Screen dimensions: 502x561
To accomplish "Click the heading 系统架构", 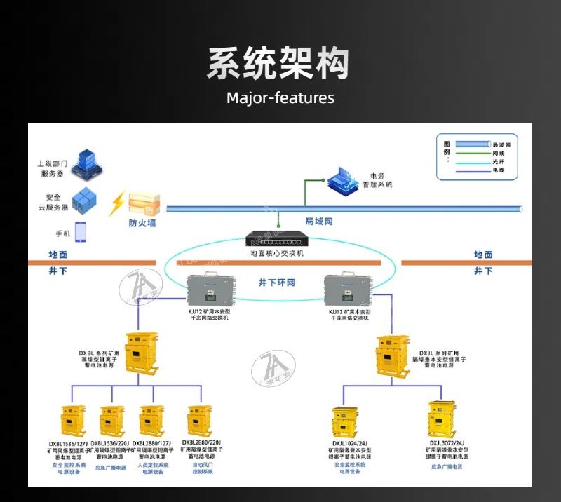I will click(280, 64).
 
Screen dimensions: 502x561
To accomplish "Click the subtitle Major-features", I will click(280, 97).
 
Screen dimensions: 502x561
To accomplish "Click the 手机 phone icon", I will click(80, 232).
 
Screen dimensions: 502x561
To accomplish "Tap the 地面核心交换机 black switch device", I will click(277, 238).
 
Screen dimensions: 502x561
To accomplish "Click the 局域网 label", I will click(318, 222).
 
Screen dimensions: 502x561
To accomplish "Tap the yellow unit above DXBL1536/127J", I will click(72, 421).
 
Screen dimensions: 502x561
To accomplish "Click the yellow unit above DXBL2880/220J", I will click(200, 421).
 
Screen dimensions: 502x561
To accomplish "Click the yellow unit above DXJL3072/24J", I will click(445, 419).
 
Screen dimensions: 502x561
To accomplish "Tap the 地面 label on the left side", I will click(58, 255).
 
